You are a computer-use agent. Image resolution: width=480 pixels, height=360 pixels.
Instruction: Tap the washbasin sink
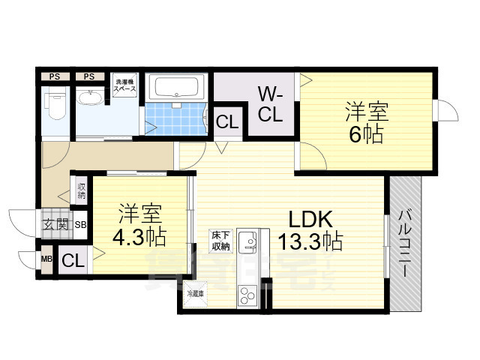pyautogui.click(x=91, y=98)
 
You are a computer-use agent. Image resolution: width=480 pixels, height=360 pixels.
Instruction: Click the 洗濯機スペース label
pyautogui.click(x=124, y=85)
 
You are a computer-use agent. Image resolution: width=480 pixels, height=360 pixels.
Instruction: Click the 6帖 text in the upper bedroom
pyautogui.click(x=365, y=124)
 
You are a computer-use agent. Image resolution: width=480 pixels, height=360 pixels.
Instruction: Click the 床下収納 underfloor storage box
pyautogui.click(x=220, y=241)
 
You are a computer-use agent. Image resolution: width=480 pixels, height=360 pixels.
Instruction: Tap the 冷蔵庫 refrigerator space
pyautogui.click(x=195, y=293)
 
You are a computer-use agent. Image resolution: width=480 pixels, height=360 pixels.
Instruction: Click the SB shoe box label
pyautogui.click(x=79, y=224)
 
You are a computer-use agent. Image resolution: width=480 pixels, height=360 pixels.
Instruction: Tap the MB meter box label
pyautogui.click(x=46, y=260)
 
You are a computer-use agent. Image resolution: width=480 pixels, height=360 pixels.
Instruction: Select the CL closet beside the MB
pyautogui.click(x=73, y=261)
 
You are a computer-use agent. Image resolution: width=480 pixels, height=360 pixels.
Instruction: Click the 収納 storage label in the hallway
pyautogui.click(x=81, y=190)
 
